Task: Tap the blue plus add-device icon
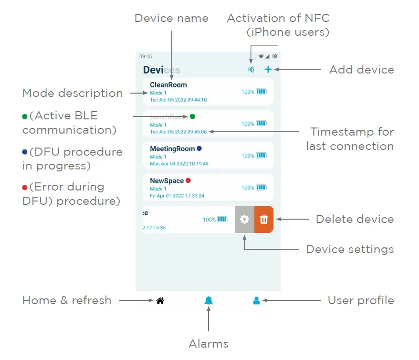click(x=268, y=69)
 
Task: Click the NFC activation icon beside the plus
click(x=251, y=70)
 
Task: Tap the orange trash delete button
click(x=263, y=220)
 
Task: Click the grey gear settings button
click(x=244, y=220)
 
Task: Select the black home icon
click(x=160, y=301)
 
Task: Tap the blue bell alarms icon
click(x=209, y=300)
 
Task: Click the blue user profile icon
click(x=256, y=300)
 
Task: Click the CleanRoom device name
click(x=168, y=85)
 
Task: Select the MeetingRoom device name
click(x=172, y=149)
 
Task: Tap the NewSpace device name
click(x=167, y=181)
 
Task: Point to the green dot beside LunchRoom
click(x=192, y=116)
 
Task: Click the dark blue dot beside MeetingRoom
click(x=199, y=148)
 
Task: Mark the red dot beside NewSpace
click(x=188, y=180)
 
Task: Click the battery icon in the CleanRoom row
click(x=261, y=92)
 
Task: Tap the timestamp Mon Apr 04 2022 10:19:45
click(x=179, y=164)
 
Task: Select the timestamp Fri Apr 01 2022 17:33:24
click(x=177, y=196)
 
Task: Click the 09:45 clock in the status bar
click(x=146, y=56)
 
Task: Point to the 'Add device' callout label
click(x=361, y=70)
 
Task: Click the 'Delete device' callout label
click(x=355, y=220)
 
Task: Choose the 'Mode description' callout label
click(x=73, y=93)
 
